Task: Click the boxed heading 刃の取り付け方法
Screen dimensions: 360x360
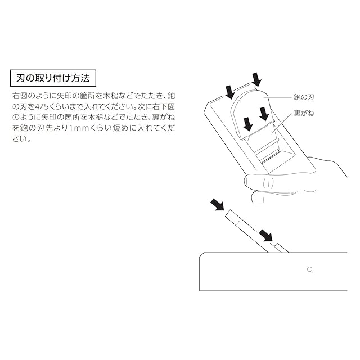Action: pyautogui.click(x=54, y=76)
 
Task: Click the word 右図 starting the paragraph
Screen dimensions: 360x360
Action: pyautogui.click(x=18, y=96)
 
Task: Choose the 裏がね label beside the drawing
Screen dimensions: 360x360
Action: pyautogui.click(x=304, y=113)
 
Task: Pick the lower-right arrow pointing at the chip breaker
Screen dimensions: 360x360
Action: pyautogui.click(x=264, y=114)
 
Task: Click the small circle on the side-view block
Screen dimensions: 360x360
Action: pyautogui.click(x=309, y=269)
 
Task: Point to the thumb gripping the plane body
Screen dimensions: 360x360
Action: pyautogui.click(x=256, y=181)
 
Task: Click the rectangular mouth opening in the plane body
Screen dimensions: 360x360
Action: pyautogui.click(x=276, y=160)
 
